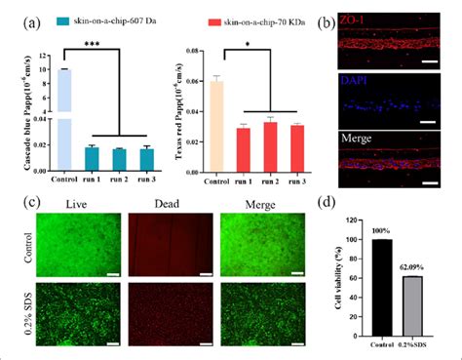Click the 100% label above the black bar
[x=381, y=230]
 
